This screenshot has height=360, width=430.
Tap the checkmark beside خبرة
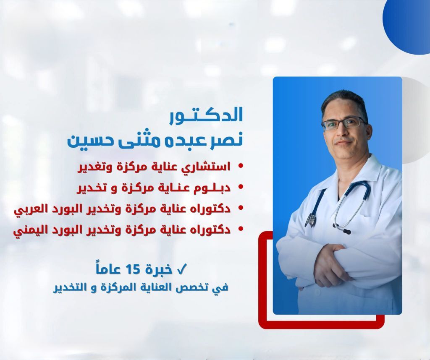click(181, 270)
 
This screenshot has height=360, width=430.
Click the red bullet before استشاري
click(241, 166)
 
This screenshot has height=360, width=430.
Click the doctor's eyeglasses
click(344, 123)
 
